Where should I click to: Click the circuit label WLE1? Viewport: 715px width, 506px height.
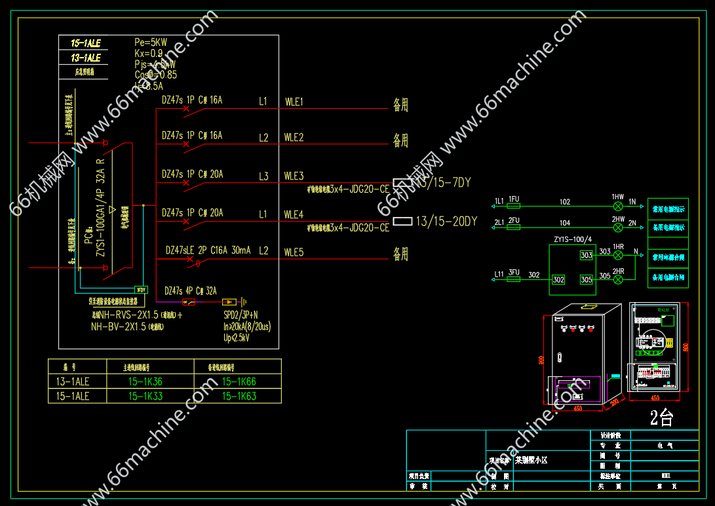tap(294, 102)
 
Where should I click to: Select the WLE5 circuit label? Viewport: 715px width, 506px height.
tap(294, 252)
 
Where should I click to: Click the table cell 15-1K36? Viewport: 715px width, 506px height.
tap(145, 382)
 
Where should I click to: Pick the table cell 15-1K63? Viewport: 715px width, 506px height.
tap(239, 396)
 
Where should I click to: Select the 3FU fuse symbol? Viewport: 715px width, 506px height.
tap(514, 279)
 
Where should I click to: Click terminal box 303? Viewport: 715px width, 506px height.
tap(586, 255)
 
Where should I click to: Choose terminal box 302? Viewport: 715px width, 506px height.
tap(558, 279)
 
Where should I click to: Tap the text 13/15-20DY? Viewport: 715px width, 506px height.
tap(446, 222)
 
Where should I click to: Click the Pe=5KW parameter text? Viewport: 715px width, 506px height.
tap(151, 43)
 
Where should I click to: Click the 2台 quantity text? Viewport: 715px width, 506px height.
tap(661, 418)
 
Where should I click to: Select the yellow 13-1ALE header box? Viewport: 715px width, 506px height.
tap(86, 58)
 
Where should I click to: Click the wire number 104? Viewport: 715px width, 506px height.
tap(564, 223)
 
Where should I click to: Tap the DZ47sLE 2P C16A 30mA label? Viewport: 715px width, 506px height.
tap(208, 250)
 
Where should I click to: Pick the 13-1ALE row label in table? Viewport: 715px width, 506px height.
tap(72, 382)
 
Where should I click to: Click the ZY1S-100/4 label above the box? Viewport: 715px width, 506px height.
tap(572, 239)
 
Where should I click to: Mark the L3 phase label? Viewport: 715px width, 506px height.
tap(263, 176)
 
